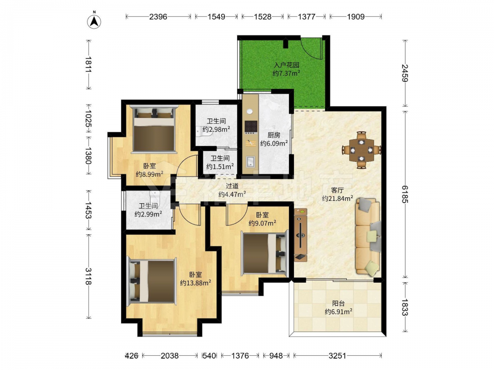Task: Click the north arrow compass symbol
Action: [94, 21]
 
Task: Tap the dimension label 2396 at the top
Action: [158, 17]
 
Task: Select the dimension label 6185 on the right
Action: [405, 194]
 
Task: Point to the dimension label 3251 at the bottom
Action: [337, 356]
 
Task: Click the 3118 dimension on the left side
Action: [88, 276]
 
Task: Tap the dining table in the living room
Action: [362, 150]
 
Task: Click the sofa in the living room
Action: [368, 236]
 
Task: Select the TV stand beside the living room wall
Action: [300, 235]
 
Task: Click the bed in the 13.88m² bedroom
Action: [152, 281]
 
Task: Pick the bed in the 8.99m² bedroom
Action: [154, 129]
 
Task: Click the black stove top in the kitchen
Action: [251, 126]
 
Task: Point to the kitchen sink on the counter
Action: [251, 161]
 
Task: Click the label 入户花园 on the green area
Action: [286, 65]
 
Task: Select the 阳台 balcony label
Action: [338, 303]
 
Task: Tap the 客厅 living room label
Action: [337, 190]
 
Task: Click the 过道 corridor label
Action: [232, 186]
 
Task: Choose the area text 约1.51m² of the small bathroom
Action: [220, 166]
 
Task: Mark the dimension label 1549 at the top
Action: [216, 17]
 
